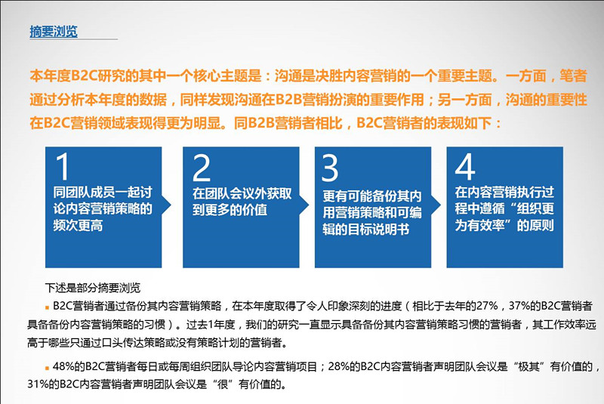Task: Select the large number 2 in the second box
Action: point(202,168)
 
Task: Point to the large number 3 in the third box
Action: point(331,168)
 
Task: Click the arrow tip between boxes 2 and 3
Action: point(308,208)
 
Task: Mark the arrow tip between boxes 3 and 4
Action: point(440,208)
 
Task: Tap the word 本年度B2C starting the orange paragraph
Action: point(64,77)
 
